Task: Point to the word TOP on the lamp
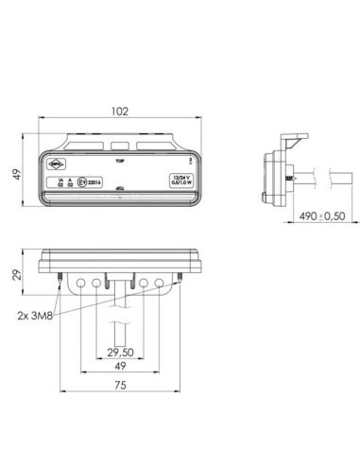click(x=119, y=163)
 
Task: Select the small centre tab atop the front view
click(x=118, y=146)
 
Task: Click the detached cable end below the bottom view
click(x=118, y=331)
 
